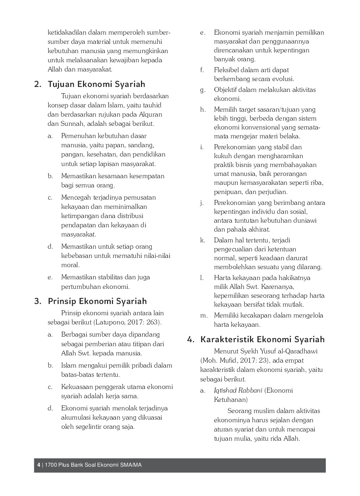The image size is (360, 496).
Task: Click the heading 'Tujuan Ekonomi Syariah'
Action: pos(96,84)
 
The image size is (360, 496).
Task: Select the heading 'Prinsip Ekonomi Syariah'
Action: pos(97,301)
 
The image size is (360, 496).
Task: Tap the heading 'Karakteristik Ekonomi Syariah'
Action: pos(263,339)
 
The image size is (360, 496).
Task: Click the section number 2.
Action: pos(38,84)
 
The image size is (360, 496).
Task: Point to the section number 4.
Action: pos(190,339)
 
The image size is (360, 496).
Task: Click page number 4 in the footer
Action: pos(39,465)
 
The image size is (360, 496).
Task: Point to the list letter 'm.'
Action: pos(204,316)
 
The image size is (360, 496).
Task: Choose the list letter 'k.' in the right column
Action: pos(203,240)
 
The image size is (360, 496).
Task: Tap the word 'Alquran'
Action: pos(151,115)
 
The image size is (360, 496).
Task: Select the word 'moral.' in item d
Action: pos(70,265)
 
